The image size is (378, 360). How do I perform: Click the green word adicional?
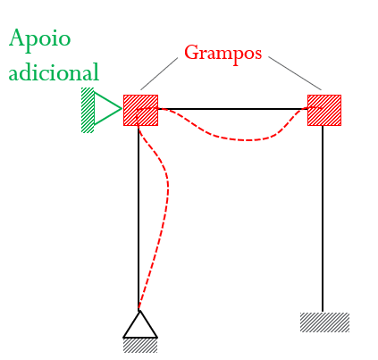[x=54, y=71]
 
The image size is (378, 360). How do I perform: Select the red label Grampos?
[x=223, y=54]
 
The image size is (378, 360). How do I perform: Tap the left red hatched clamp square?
[x=140, y=110]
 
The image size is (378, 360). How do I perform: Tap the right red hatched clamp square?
[x=324, y=110]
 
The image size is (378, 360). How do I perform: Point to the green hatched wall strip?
[x=88, y=110]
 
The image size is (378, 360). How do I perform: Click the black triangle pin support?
[x=140, y=324]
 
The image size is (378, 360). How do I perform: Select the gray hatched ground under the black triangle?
[x=140, y=346]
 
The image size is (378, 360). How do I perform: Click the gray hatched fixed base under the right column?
[x=324, y=322]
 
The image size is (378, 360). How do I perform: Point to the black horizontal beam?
[x=232, y=109]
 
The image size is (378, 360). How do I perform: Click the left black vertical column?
[x=139, y=218]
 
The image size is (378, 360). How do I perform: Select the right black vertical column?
[x=323, y=219]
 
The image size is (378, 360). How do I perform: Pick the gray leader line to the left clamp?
[x=159, y=73]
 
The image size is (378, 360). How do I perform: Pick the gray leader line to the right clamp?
[x=295, y=73]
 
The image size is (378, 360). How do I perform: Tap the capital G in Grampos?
[x=192, y=52]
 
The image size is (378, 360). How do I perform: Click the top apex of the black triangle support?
[x=139, y=311]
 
